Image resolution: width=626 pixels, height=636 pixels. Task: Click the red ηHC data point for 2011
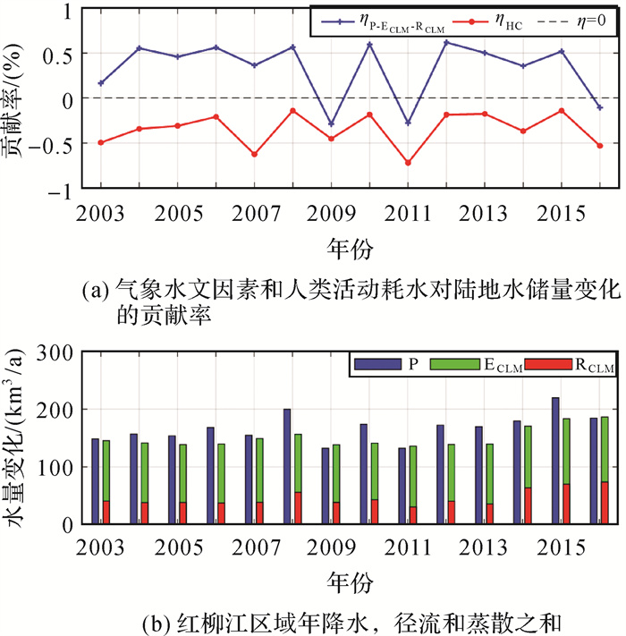tap(408, 163)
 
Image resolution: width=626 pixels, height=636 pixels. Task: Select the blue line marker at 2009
tap(331, 123)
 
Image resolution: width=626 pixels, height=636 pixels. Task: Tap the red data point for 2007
tap(254, 154)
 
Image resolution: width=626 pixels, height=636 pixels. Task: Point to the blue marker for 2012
tap(446, 42)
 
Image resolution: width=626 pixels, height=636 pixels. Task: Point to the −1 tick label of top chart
tap(59, 189)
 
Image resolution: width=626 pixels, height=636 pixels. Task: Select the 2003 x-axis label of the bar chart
tap(100, 547)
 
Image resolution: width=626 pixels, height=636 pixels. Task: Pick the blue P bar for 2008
tap(287, 465)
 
